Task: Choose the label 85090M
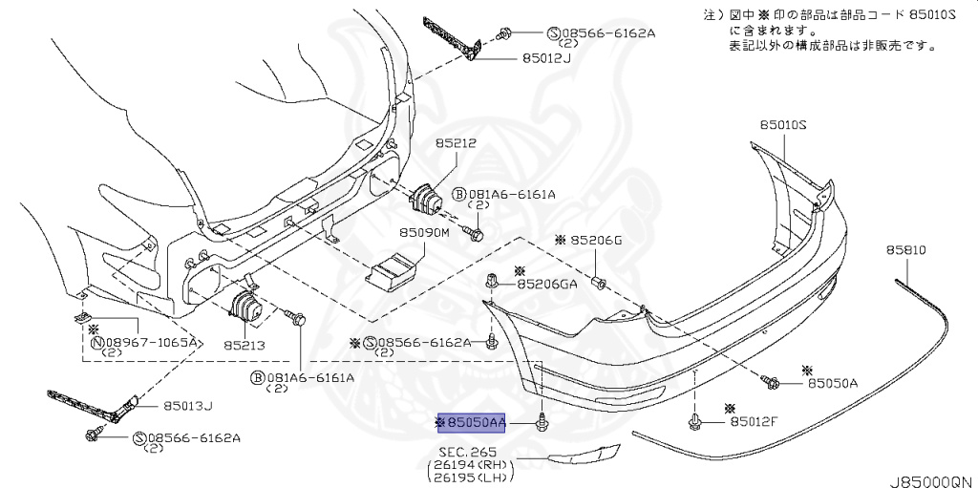coord(423,232)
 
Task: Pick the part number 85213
coord(244,345)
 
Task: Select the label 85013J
coord(187,405)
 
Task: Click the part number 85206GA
coord(547,284)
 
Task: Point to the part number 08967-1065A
coord(150,341)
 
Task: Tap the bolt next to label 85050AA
coord(542,421)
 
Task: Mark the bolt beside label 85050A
coord(770,382)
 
